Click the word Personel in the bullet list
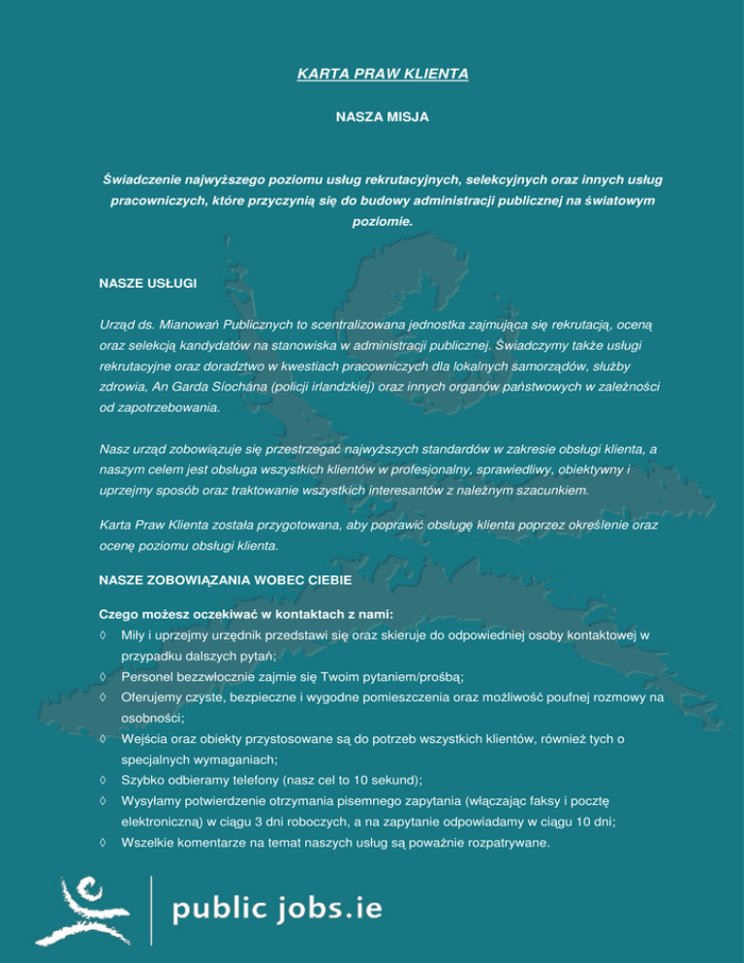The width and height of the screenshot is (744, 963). (x=148, y=676)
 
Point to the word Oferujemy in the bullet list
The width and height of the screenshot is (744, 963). (x=153, y=698)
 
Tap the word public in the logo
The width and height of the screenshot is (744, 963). (x=217, y=910)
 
